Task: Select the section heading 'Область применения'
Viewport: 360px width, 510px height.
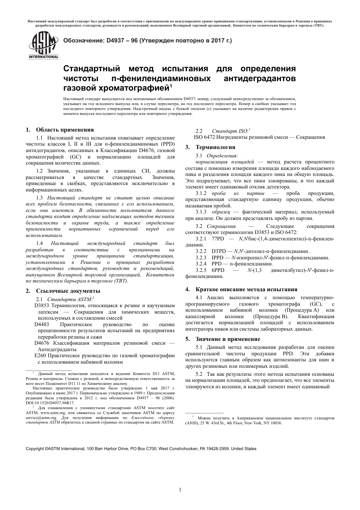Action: (x=65, y=130)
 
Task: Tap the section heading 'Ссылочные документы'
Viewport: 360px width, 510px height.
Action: (x=68, y=291)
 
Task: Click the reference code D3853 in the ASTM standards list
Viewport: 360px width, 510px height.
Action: (x=42, y=305)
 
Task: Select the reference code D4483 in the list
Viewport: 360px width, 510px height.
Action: (x=42, y=325)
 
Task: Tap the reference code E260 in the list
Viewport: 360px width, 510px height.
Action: (x=40, y=355)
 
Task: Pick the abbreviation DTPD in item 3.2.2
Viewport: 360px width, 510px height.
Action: (x=219, y=251)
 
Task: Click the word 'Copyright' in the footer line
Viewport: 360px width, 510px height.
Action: (x=34, y=449)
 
